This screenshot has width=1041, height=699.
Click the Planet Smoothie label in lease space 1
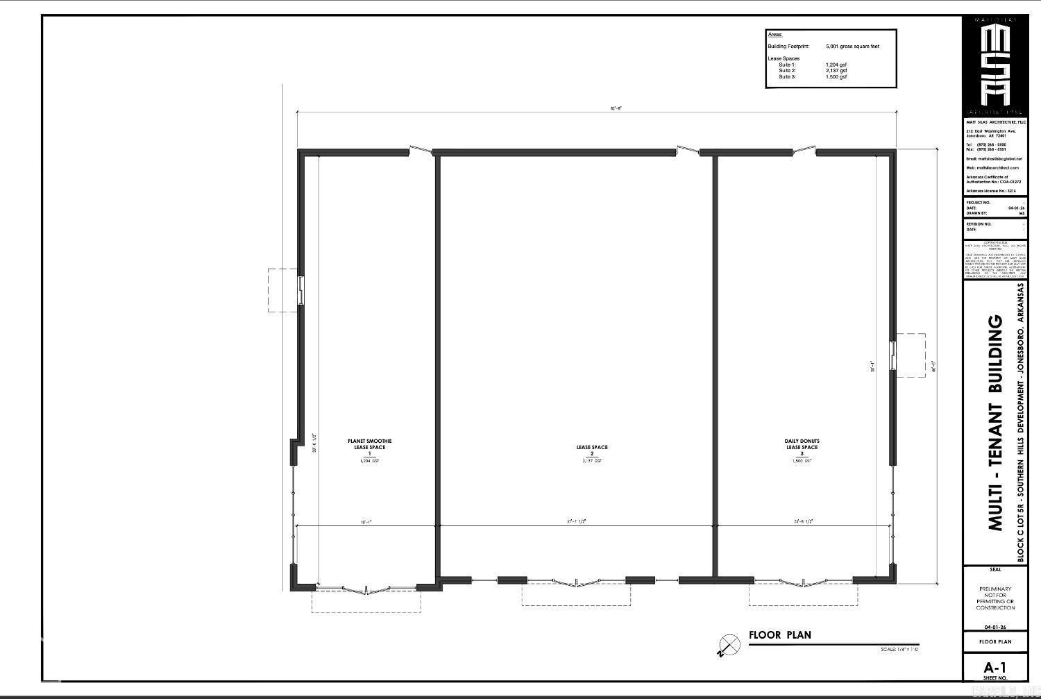tap(369, 441)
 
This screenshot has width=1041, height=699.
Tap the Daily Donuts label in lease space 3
tap(802, 441)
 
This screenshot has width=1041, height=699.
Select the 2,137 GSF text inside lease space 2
tap(591, 461)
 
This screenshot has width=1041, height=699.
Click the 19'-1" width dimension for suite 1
tap(366, 522)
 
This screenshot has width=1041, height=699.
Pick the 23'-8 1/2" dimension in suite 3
tap(803, 522)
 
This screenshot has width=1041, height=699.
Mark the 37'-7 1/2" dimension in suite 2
tap(576, 522)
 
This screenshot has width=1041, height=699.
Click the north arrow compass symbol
tap(729, 645)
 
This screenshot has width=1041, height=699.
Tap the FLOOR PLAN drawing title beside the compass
tap(779, 634)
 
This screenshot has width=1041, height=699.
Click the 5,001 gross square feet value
tap(852, 47)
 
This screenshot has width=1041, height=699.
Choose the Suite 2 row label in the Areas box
tap(787, 71)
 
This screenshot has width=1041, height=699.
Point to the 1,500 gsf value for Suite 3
tap(836, 77)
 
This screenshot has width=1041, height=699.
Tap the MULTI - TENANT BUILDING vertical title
tap(995, 423)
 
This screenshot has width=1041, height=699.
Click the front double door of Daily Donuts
tap(803, 582)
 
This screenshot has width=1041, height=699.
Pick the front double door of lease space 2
tap(576, 582)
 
